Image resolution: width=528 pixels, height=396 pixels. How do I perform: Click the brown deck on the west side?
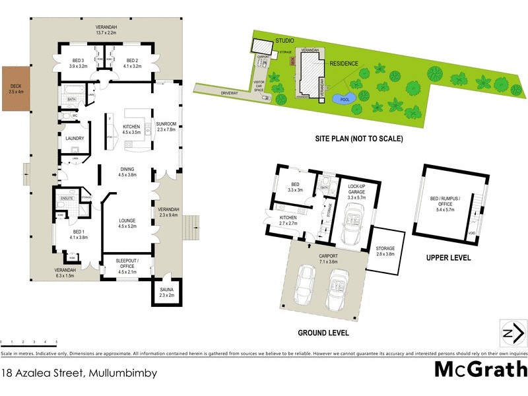coord(15,87)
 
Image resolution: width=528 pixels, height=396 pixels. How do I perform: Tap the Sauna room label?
coord(166,292)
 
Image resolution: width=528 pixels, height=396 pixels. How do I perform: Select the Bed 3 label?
coord(80,63)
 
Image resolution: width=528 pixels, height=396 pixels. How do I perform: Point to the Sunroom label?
coord(166,126)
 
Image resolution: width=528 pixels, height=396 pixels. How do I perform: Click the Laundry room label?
coord(74,138)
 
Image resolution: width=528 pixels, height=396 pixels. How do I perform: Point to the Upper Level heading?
coord(448,257)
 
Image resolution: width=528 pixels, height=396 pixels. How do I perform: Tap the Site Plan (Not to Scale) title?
coord(360,139)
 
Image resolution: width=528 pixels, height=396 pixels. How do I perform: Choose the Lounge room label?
coord(127,223)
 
